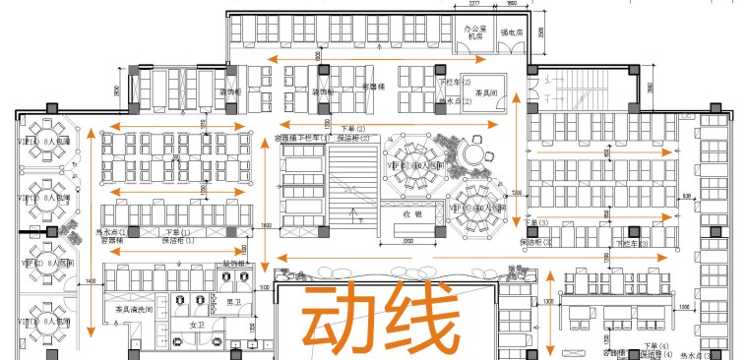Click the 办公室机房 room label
point(476,34)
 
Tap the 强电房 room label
point(517,32)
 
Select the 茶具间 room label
point(485,94)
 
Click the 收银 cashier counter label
point(411,213)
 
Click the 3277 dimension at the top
point(470,4)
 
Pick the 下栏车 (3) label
point(628,241)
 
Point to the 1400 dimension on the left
point(91,282)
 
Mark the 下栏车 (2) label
point(455,83)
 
